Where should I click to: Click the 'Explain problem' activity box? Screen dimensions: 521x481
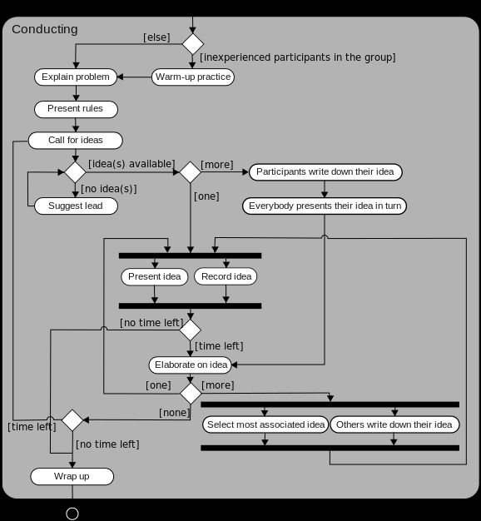click(76, 77)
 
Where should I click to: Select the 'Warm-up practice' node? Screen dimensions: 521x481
click(193, 77)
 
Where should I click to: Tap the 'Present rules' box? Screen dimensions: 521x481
click(76, 109)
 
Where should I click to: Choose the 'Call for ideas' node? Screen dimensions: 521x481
click(76, 140)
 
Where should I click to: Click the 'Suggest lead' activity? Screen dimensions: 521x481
click(76, 206)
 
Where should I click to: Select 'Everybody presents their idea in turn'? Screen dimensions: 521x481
click(325, 206)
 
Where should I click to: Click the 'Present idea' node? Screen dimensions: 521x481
click(155, 276)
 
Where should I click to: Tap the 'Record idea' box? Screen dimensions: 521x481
click(226, 276)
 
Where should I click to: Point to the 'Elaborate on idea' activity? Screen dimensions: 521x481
click(191, 365)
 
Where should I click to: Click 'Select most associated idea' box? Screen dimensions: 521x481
click(265, 424)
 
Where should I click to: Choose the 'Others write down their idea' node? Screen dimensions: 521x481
click(394, 424)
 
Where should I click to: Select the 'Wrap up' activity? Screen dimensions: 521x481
click(72, 476)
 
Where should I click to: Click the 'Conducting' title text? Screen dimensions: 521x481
click(45, 29)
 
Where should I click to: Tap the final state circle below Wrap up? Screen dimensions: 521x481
click(72, 514)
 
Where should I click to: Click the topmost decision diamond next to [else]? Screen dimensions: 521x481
click(193, 43)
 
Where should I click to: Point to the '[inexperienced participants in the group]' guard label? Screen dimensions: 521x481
click(297, 57)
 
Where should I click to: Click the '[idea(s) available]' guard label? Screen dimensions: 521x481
click(131, 163)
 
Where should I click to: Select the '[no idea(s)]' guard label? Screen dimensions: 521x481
click(108, 189)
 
